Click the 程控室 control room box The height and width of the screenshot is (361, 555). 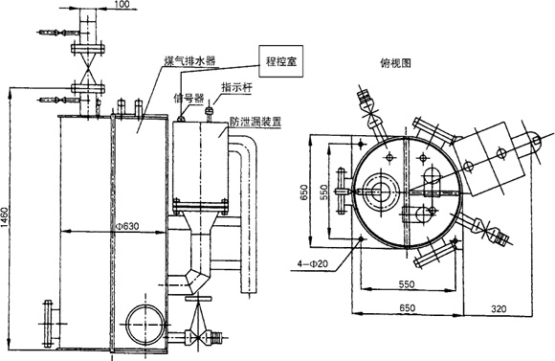tap(281, 61)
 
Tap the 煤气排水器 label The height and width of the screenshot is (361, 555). tap(190, 61)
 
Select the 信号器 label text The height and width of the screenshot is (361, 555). tap(189, 98)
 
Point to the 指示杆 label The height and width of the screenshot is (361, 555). tap(236, 87)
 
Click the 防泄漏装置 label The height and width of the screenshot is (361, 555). tap(255, 122)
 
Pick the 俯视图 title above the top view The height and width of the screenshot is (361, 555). tap(395, 63)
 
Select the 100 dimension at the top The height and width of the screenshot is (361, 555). tap(122, 4)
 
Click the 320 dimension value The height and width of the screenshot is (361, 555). tap(499, 308)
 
